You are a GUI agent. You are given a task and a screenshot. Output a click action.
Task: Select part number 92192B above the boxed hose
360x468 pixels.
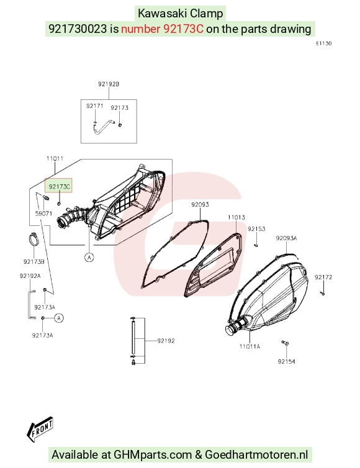tap(109, 84)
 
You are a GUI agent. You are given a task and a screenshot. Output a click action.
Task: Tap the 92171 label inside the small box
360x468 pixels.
tap(94, 106)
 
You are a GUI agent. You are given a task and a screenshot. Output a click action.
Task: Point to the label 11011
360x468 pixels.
tap(55, 158)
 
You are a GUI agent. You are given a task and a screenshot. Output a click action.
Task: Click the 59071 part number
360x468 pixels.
tap(43, 214)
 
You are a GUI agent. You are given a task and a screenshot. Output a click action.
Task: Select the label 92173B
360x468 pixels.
tap(34, 261)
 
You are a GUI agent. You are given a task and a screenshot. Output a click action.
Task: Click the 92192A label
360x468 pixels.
tap(30, 276)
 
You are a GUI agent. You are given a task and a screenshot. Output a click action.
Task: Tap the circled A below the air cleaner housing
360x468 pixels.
tap(89, 257)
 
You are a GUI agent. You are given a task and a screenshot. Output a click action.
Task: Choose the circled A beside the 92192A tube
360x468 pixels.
tap(59, 318)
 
